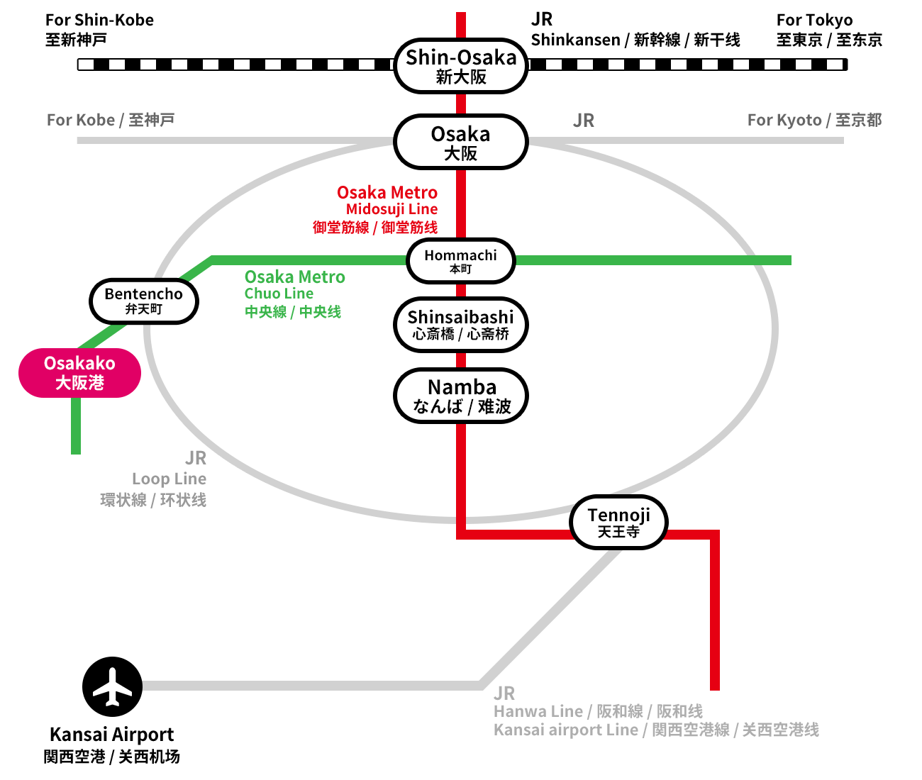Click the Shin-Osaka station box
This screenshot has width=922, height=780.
pyautogui.click(x=461, y=66)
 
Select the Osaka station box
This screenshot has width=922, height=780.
pyautogui.click(x=461, y=142)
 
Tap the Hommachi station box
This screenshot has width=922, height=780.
pyautogui.click(x=461, y=260)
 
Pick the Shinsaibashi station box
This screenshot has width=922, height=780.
pyautogui.click(x=461, y=325)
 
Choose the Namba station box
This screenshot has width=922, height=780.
pyautogui.click(x=461, y=396)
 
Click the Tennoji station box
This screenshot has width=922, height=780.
pyautogui.click(x=618, y=523)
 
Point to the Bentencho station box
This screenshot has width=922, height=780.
pyautogui.click(x=144, y=301)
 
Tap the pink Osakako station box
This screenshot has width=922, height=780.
pyautogui.click(x=79, y=372)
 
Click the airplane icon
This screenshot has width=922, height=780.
pyautogui.click(x=113, y=686)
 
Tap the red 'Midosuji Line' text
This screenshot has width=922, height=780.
pyautogui.click(x=391, y=209)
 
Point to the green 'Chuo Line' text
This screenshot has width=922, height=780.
pyautogui.click(x=279, y=294)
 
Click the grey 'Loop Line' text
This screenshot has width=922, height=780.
pyautogui.click(x=169, y=479)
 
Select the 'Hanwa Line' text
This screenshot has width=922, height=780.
pyautogui.click(x=538, y=711)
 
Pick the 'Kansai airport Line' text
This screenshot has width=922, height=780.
pyautogui.click(x=566, y=730)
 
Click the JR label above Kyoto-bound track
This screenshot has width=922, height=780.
pyautogui.click(x=584, y=121)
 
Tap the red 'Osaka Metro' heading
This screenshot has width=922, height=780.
pyautogui.click(x=387, y=193)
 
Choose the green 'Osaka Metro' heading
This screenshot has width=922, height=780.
pyautogui.click(x=295, y=277)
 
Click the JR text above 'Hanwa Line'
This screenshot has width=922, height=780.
pyautogui.click(x=504, y=693)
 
